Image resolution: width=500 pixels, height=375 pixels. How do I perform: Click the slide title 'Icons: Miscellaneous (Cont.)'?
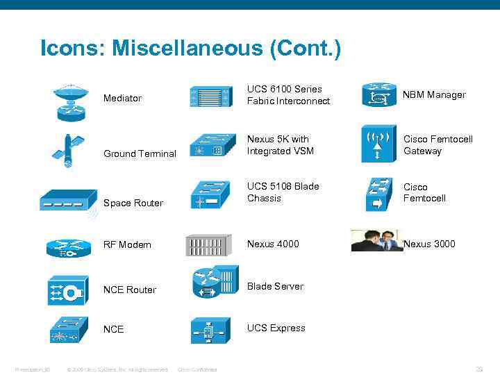[x=190, y=49]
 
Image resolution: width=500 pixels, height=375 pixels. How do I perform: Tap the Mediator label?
[x=122, y=98]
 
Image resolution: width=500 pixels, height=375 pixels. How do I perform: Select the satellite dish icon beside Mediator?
[x=68, y=101]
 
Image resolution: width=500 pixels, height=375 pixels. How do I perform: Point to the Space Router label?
[x=133, y=203]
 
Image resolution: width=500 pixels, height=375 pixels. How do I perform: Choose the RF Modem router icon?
[x=68, y=247]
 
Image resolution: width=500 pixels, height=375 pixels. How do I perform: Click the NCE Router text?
[x=130, y=290]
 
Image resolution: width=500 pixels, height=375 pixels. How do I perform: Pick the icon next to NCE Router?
[x=67, y=290]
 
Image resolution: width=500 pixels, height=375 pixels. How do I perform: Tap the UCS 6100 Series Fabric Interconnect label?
[x=288, y=95]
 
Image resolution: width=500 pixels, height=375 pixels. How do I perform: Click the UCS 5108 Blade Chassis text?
[x=283, y=192]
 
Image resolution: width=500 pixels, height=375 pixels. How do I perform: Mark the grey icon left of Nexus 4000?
[x=207, y=245]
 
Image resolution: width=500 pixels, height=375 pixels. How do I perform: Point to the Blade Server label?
[x=275, y=286]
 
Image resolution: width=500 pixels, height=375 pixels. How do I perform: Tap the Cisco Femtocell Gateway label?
[x=437, y=145]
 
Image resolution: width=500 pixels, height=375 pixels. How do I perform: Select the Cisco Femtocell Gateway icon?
[x=379, y=144]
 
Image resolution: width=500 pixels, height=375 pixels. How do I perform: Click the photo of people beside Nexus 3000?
[x=376, y=240]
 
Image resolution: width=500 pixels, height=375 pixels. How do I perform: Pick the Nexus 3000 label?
[x=430, y=244]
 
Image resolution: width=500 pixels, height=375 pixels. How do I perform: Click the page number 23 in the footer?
[x=478, y=369]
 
